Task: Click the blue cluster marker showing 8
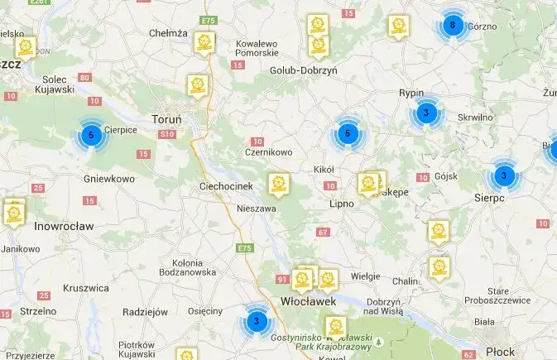451,25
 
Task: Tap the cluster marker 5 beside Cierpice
91,134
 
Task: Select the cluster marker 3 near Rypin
425,113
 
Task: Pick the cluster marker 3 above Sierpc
504,175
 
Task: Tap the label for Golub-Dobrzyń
304,71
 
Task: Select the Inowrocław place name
64,225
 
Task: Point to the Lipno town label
341,203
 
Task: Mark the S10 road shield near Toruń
168,134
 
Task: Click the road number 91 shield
282,280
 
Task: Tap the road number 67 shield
323,232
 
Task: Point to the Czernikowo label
269,152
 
